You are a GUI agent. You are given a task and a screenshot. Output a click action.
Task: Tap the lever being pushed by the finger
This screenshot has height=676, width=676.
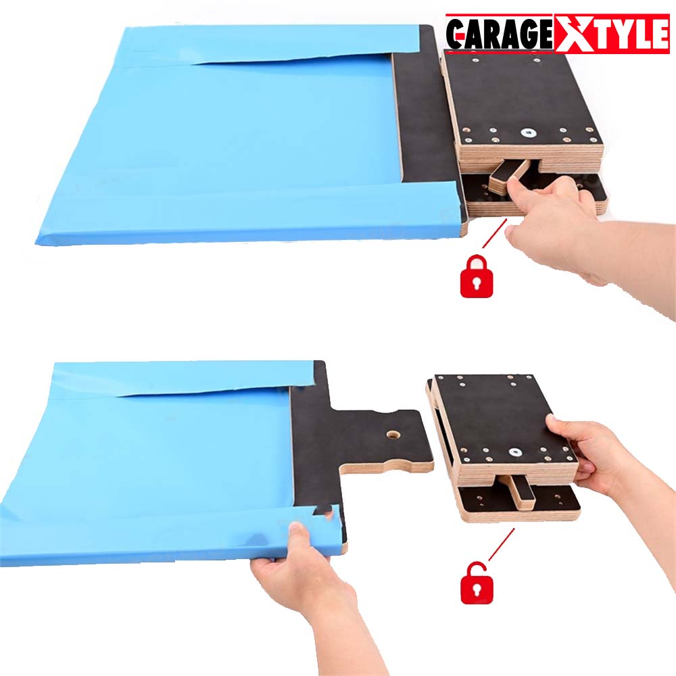coord(503,174)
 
